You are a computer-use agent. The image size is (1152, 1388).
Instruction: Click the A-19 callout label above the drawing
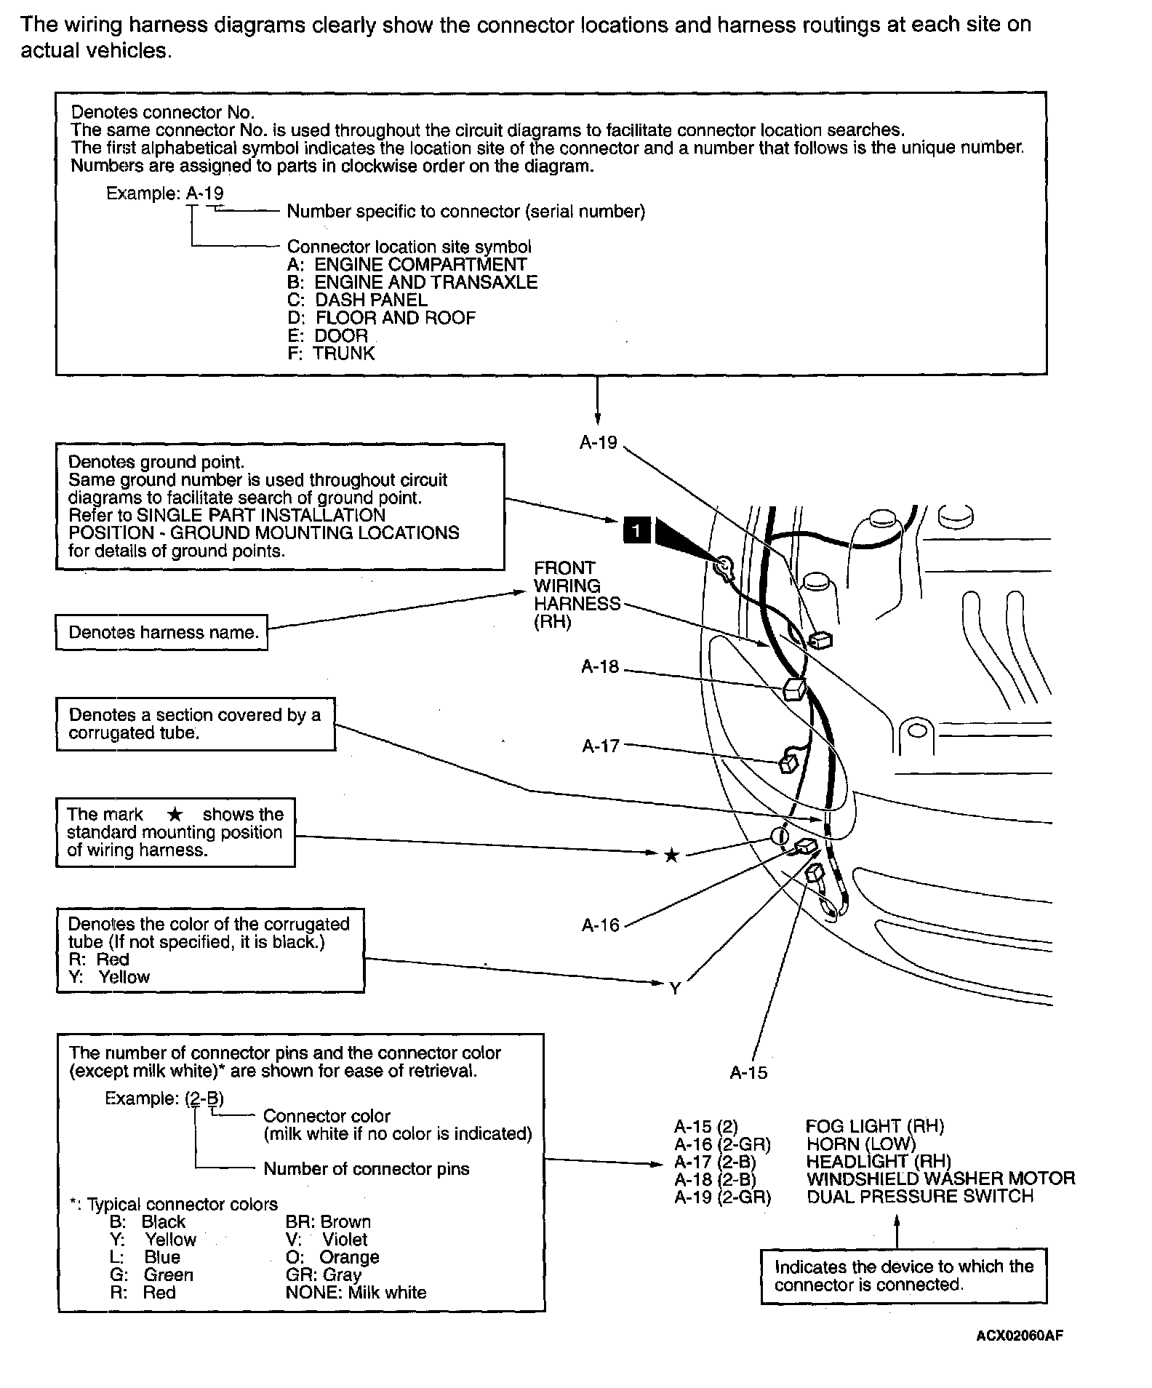(x=598, y=442)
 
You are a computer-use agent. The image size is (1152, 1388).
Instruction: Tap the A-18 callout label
(x=600, y=666)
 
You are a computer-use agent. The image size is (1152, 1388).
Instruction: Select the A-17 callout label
(x=601, y=746)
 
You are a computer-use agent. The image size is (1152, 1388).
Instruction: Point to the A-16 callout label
(x=600, y=925)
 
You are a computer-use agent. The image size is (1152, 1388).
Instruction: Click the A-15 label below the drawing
(x=748, y=1072)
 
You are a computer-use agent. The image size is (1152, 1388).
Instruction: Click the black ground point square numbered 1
(x=636, y=531)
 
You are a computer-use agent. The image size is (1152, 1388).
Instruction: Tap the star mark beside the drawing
(x=671, y=855)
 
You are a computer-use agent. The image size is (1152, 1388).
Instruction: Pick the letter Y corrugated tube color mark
(x=675, y=989)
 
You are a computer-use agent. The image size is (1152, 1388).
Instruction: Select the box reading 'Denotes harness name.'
(x=162, y=632)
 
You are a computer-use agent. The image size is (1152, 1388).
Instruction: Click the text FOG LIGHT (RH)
(x=874, y=1126)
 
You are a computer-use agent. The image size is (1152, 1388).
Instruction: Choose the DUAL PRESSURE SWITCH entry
(x=919, y=1197)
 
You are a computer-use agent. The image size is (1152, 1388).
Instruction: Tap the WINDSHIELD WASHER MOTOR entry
(x=940, y=1178)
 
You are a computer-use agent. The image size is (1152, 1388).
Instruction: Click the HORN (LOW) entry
(x=861, y=1144)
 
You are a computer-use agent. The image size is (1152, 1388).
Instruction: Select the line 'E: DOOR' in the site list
(x=328, y=335)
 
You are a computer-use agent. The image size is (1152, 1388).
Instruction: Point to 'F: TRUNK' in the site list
(x=331, y=354)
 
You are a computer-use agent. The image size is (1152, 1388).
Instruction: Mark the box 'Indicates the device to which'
(x=903, y=1275)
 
